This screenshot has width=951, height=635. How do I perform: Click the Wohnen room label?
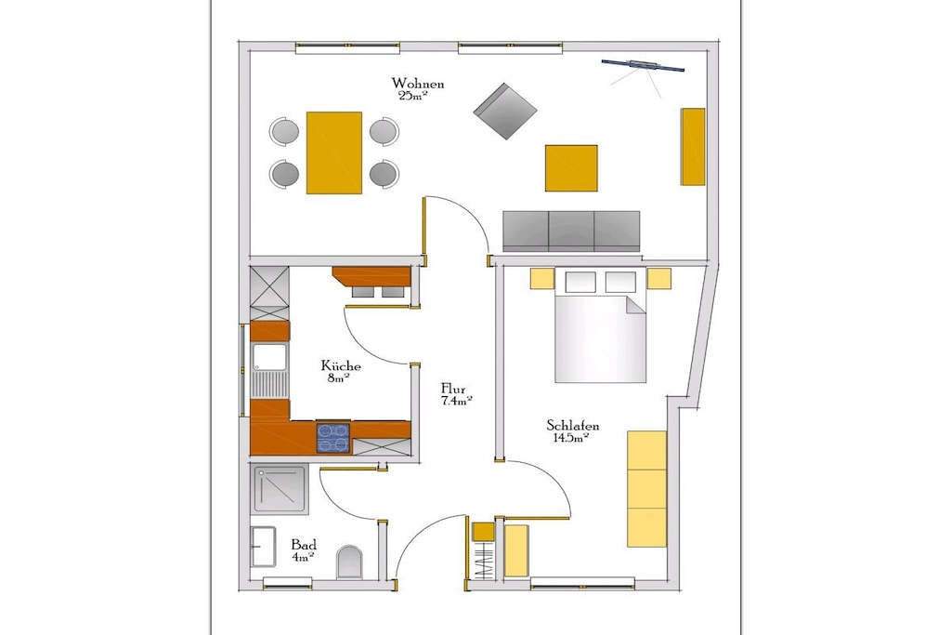coord(417,83)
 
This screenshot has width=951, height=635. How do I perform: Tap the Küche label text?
coord(341,365)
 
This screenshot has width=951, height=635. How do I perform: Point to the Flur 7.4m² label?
coord(457,394)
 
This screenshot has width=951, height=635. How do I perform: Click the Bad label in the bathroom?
coord(304,545)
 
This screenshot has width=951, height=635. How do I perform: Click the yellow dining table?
coord(334,152)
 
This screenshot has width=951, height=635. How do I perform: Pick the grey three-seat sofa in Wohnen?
coord(571,232)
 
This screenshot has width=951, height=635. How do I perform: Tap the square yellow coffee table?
coord(571,168)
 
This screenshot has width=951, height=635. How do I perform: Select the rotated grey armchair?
coord(505,112)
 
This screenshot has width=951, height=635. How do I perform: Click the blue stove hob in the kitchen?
coord(333,437)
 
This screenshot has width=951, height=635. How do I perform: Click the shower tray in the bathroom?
coord(280,490)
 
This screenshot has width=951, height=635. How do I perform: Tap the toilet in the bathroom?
coord(349,562)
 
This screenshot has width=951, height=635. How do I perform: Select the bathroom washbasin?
coord(262,547)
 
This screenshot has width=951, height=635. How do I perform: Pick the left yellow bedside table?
coord(542,279)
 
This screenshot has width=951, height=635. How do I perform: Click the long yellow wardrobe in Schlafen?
coord(647,489)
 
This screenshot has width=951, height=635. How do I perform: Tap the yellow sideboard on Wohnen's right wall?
coord(693,146)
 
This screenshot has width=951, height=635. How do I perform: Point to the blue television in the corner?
coord(643,66)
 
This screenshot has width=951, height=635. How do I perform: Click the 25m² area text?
coord(413,95)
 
